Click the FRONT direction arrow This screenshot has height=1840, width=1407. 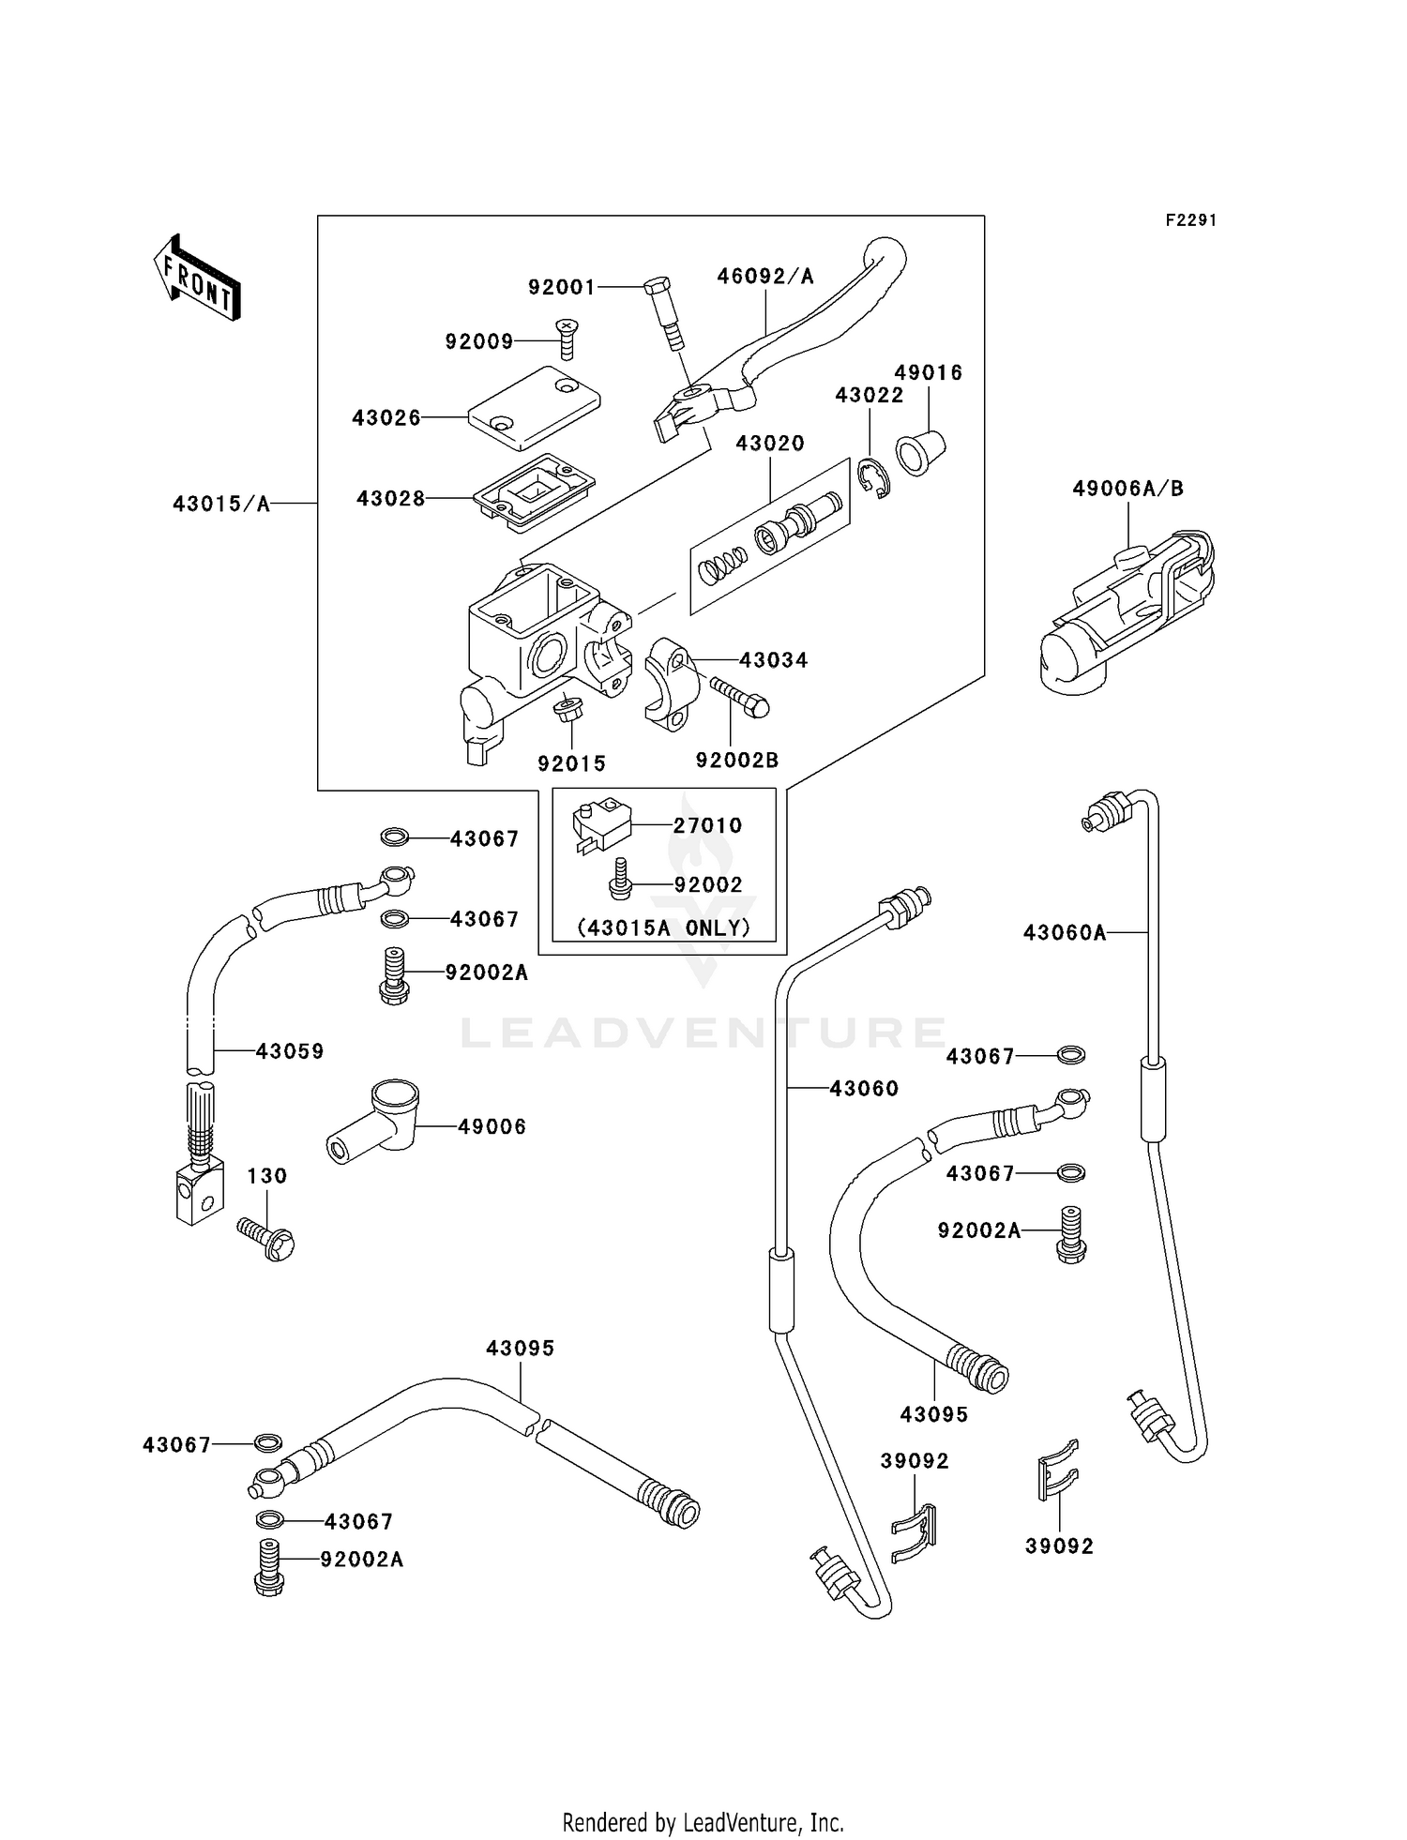(x=197, y=279)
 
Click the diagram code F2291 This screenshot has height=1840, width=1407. (x=1190, y=220)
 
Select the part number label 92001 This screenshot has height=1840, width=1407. (x=561, y=287)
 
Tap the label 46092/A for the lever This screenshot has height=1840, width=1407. (x=764, y=276)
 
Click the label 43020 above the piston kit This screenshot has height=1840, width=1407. (x=769, y=443)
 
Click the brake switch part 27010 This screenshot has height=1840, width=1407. (x=600, y=825)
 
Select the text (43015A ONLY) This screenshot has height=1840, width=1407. (x=663, y=928)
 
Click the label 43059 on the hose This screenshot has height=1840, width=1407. (x=290, y=1051)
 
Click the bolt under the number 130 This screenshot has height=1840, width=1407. (x=267, y=1237)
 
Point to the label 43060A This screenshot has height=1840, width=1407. (x=1064, y=932)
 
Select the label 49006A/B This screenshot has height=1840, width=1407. (x=1127, y=489)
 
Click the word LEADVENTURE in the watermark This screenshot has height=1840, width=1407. (x=703, y=1033)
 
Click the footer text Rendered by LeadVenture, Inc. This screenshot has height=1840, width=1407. (x=703, y=1822)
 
